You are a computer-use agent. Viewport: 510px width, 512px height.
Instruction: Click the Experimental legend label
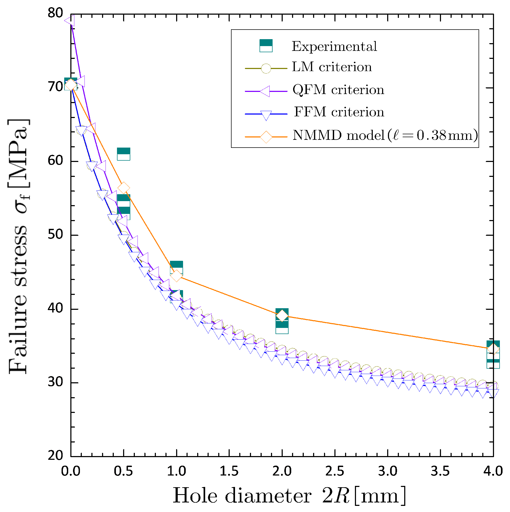(334, 46)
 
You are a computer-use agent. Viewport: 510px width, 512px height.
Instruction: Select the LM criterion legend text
(332, 67)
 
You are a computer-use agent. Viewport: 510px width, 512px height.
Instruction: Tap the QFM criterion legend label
(338, 90)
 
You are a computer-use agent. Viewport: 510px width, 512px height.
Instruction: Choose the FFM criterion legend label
(339, 112)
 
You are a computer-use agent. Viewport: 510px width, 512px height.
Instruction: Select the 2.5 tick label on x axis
(335, 471)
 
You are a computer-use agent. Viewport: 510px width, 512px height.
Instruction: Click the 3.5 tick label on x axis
(440, 471)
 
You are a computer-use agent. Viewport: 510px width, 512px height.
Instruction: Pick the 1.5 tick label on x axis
(229, 471)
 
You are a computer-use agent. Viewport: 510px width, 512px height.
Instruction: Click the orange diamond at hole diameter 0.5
(123, 188)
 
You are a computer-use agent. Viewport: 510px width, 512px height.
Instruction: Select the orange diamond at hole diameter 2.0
(282, 316)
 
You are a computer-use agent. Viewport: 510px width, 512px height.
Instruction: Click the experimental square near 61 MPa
(124, 154)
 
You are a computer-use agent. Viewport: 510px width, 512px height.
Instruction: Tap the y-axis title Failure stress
(18, 246)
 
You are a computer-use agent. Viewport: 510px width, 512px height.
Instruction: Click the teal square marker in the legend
(266, 46)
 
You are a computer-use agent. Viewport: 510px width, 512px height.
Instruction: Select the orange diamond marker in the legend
(266, 137)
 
